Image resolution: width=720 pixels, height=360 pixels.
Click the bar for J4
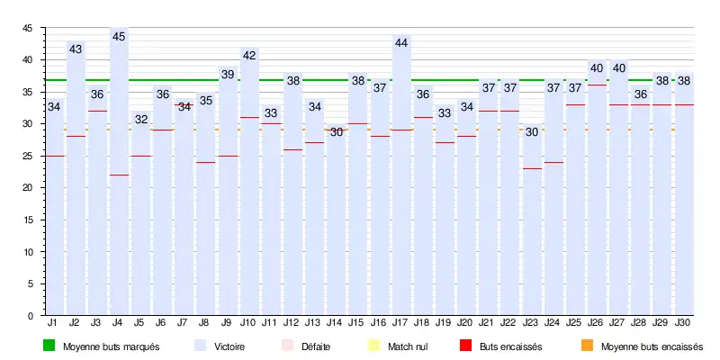pos(119,180)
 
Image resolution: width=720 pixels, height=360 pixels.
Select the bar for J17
pos(401,180)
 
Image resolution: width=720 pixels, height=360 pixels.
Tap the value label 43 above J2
pos(76,49)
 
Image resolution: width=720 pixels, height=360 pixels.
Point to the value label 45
pos(119,36)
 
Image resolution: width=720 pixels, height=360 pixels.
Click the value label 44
pos(401,42)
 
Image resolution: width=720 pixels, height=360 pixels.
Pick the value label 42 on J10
pos(249,55)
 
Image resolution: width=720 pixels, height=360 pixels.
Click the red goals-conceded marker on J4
pos(119,175)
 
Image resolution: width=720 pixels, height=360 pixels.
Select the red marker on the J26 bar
pos(597,85)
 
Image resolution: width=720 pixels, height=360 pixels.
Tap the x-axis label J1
pos(53,321)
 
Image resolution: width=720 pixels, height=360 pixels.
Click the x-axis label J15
pos(357,321)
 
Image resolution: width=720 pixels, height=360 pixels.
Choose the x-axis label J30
pos(683,321)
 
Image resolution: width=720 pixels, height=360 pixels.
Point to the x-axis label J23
pos(531,321)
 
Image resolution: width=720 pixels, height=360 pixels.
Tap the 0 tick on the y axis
pos(31,316)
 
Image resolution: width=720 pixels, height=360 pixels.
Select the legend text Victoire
pos(229,346)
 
